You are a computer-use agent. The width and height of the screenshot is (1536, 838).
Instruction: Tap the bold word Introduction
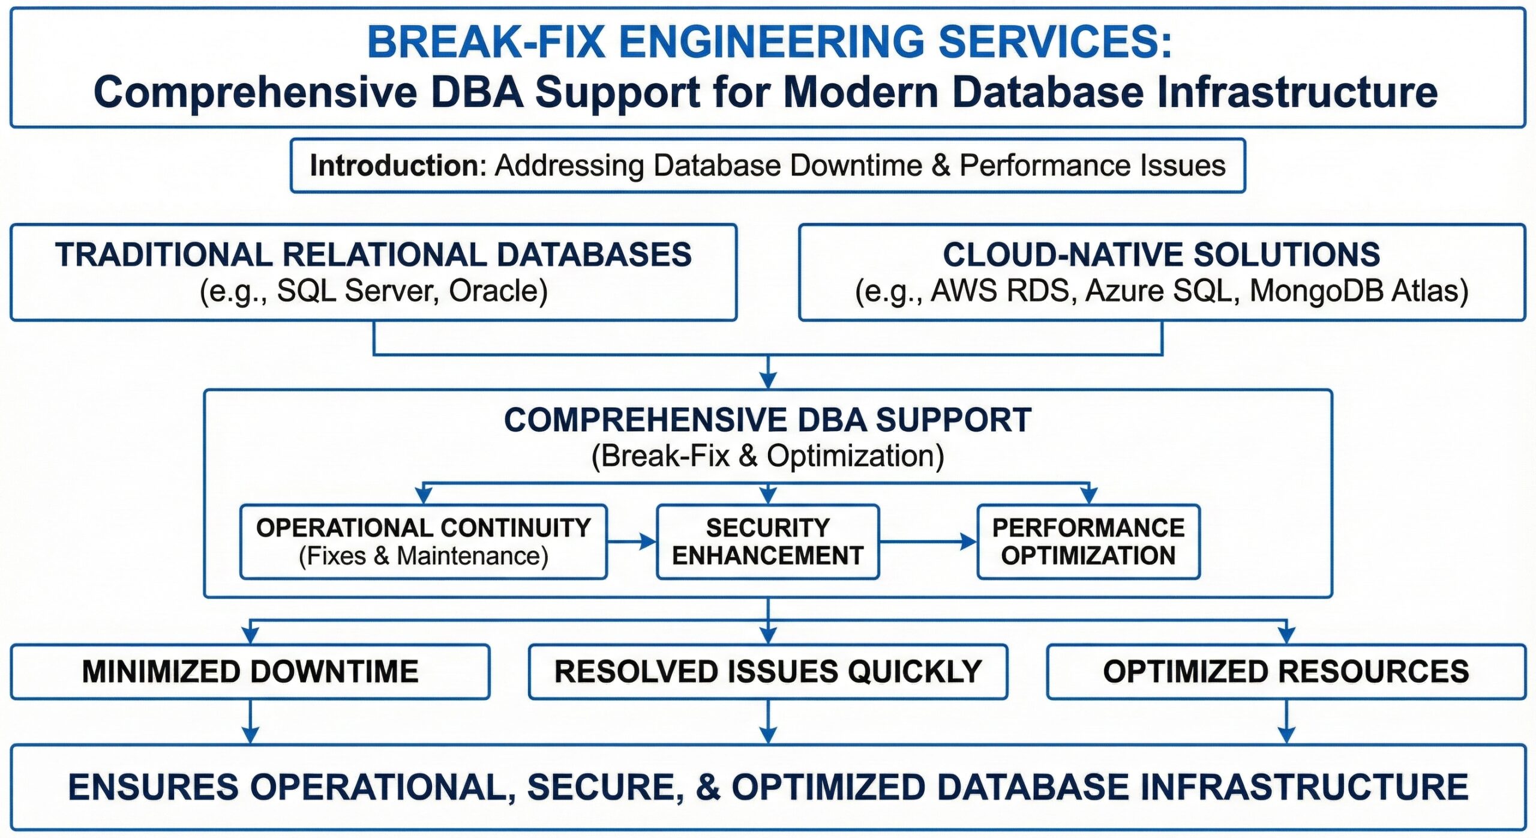pos(397,166)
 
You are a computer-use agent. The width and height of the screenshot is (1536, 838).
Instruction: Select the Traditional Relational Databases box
pos(373,272)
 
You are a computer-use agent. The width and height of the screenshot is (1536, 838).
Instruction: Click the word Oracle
pos(498,291)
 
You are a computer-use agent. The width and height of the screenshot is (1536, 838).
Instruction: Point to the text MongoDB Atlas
pos(1359,291)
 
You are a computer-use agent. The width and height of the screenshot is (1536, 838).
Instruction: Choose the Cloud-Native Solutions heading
pos(1161,255)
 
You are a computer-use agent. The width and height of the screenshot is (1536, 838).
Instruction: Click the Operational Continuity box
pos(424,541)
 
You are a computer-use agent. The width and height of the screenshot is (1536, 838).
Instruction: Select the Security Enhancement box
pos(767,541)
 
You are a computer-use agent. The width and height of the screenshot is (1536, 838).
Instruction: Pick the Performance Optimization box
pos(1088,541)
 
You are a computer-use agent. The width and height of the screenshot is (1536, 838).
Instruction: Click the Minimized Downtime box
pos(250,672)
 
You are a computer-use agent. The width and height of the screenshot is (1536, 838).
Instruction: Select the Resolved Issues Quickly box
pos(767,672)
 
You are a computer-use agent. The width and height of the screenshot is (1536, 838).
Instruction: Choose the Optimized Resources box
pos(1286,672)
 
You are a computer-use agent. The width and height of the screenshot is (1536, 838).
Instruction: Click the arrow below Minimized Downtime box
pos(250,723)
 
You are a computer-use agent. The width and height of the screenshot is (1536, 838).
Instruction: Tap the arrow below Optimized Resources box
pos(1286,723)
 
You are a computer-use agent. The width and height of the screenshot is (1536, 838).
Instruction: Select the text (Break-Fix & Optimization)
pos(767,456)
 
